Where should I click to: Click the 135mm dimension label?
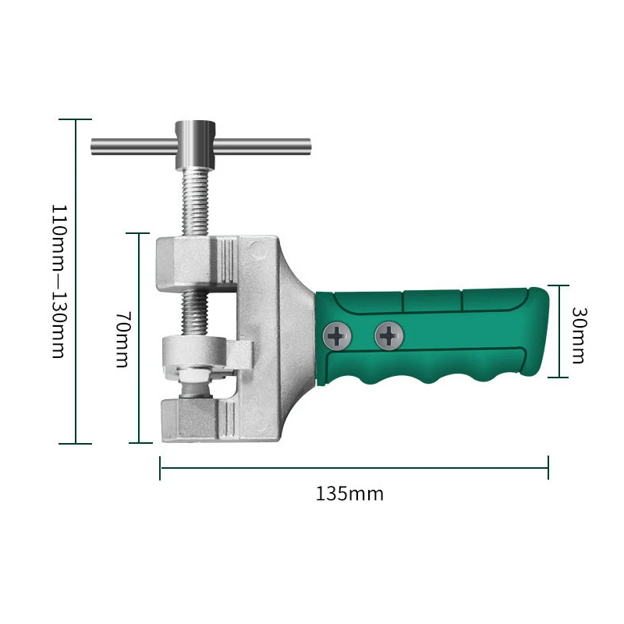pos(349,494)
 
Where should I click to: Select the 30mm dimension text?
pos(578,334)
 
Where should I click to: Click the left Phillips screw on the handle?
pos(337,337)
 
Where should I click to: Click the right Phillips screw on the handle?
pos(389,336)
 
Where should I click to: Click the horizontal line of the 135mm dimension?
pos(354,468)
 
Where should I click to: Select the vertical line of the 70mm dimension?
pos(139,338)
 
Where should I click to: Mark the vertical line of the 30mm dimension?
pos(558,331)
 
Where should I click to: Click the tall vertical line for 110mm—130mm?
pos(75,282)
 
